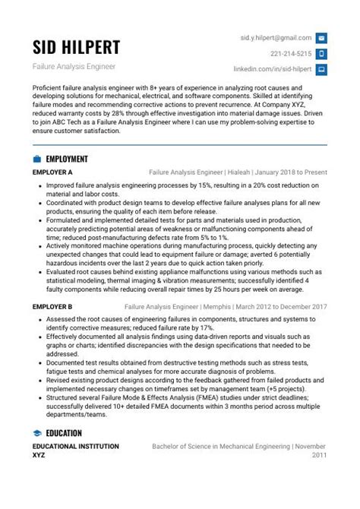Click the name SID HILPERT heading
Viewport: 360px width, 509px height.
(76, 47)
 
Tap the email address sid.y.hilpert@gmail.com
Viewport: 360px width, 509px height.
(276, 37)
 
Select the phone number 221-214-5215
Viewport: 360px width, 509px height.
(291, 53)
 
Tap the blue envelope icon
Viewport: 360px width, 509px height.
(321, 37)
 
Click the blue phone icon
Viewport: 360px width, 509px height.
(321, 53)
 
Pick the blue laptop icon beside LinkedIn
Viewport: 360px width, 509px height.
(321, 69)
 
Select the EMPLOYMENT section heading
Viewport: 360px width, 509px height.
(67, 159)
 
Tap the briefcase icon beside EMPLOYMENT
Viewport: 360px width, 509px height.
(37, 159)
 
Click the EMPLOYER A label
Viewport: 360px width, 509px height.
(52, 172)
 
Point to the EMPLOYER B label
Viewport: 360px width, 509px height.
(52, 306)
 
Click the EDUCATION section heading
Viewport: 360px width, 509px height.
(64, 433)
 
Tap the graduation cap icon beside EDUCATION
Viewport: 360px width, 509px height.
(37, 433)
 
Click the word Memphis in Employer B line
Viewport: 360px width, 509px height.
(222, 306)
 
